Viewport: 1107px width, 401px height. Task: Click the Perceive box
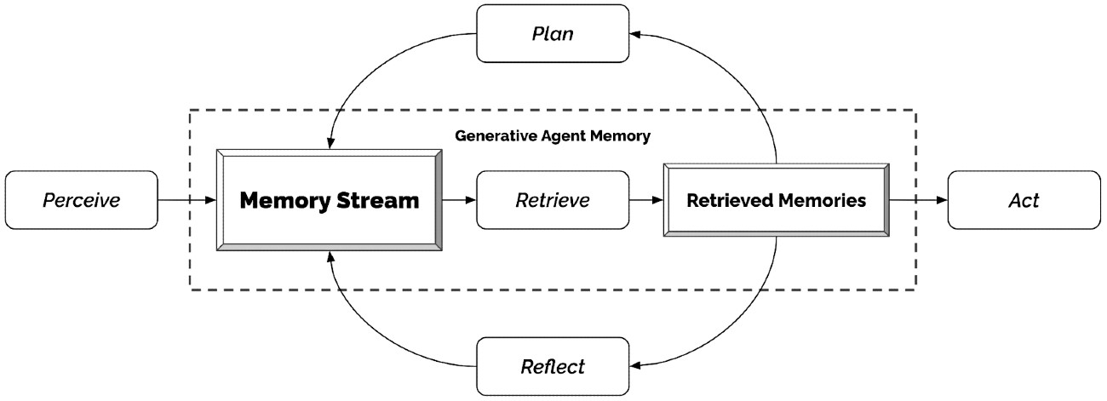coord(82,200)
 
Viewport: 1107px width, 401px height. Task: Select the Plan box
coord(553,33)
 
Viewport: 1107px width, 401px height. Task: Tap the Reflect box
coord(553,366)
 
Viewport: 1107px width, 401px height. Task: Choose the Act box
coord(1024,200)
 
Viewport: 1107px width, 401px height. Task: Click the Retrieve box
coord(553,200)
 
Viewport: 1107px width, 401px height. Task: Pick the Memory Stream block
coord(330,200)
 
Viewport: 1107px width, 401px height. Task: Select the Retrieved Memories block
coord(777,200)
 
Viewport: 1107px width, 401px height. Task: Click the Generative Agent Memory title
coord(553,136)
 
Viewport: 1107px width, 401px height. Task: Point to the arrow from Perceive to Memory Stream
coord(187,200)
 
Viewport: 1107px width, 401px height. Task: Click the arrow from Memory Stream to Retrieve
coord(459,200)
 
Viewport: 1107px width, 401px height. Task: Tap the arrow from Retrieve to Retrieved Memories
coord(646,200)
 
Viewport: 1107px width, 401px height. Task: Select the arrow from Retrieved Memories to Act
coord(919,200)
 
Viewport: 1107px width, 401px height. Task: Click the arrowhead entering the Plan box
coord(635,34)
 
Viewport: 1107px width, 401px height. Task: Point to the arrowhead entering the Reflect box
coord(635,366)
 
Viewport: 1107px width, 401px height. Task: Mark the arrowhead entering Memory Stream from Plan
coord(330,143)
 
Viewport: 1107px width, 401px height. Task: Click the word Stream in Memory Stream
coord(377,200)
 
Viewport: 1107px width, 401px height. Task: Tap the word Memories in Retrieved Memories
coord(822,200)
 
